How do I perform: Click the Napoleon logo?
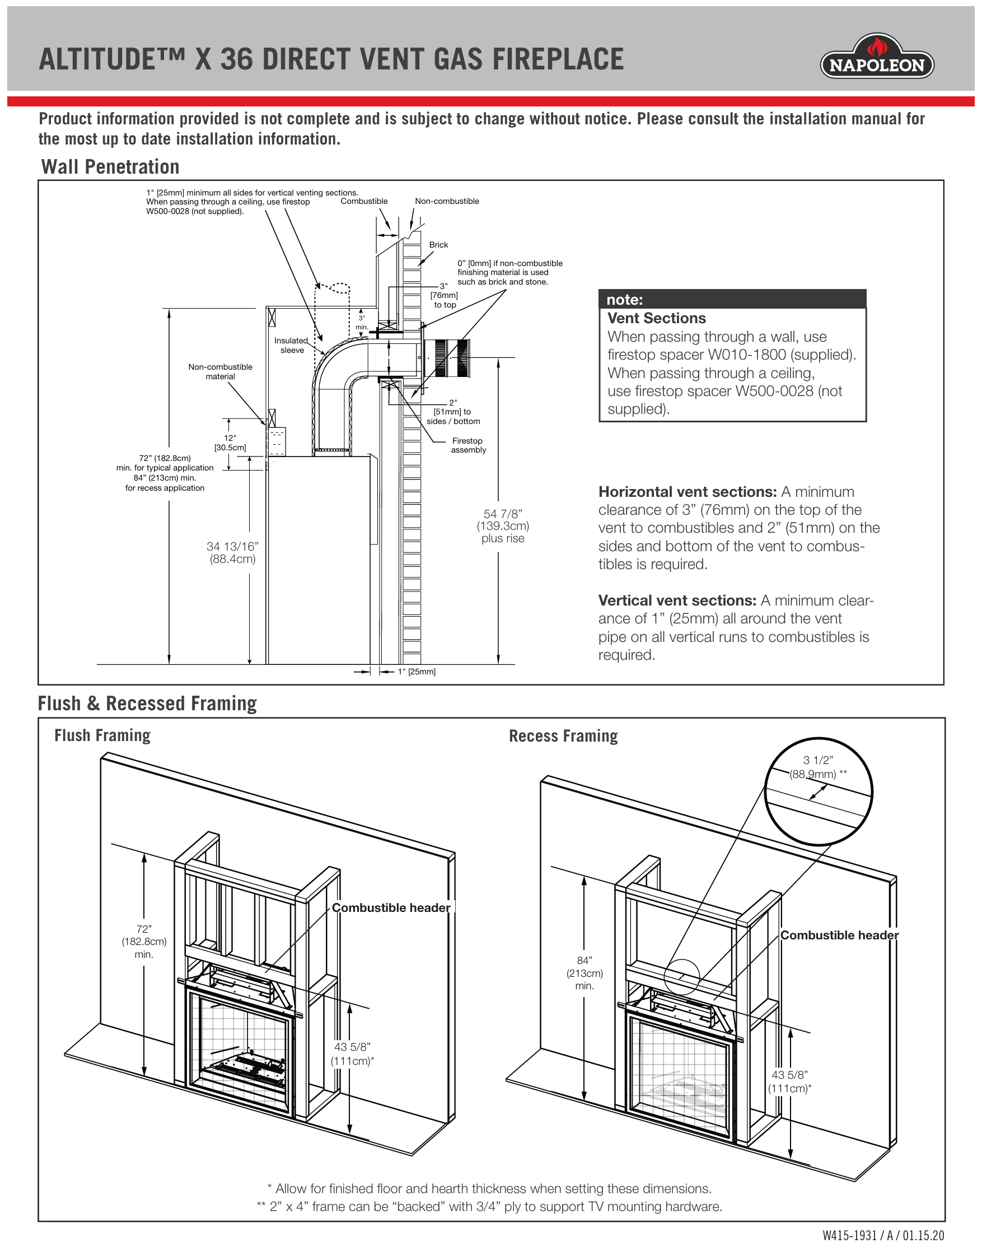[876, 58]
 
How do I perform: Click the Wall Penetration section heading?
[110, 167]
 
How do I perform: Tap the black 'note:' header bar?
[732, 299]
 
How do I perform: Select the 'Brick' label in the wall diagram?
[438, 245]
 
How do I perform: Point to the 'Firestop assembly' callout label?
[468, 446]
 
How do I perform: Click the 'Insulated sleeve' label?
[292, 346]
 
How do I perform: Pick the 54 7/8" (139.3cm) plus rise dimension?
[503, 526]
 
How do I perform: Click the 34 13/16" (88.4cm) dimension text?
[232, 553]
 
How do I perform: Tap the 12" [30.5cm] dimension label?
[230, 443]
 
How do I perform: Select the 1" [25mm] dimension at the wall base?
[416, 672]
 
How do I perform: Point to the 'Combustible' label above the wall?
[364, 201]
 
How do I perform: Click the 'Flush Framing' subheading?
[102, 735]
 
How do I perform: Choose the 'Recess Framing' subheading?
[563, 736]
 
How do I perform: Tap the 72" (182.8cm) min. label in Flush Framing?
[144, 942]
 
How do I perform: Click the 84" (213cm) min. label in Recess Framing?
[584, 973]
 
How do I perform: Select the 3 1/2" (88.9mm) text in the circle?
[818, 767]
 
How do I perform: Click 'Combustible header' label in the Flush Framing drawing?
[391, 907]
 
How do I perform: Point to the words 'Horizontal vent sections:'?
[687, 492]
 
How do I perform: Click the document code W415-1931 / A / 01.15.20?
[882, 1235]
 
